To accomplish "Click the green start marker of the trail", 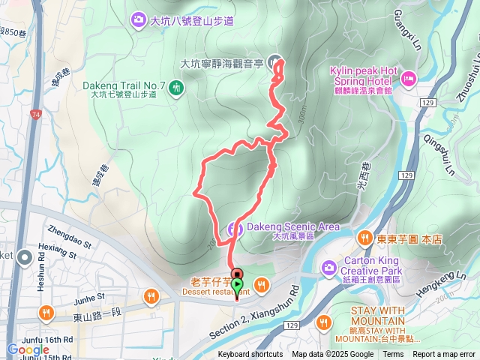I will pos(238,286).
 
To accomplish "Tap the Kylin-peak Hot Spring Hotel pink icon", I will pos(409,77).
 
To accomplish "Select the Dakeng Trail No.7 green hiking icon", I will pos(177,88).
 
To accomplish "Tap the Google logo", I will pos(28,350).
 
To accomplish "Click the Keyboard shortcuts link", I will pos(250,355).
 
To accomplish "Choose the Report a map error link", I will pos(444,355).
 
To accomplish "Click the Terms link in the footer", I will pos(393,355).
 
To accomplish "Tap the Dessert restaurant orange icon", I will pos(262,283).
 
